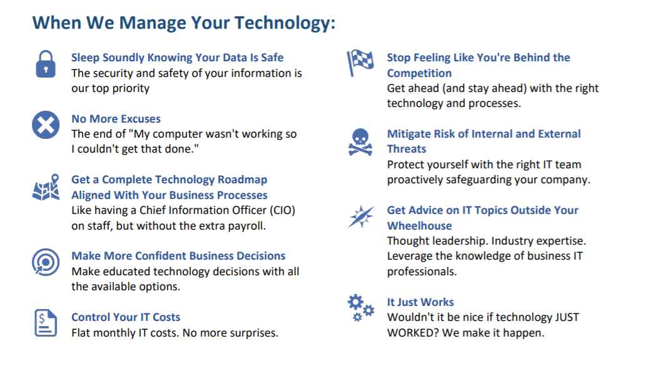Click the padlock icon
[46, 64]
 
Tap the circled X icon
[46, 125]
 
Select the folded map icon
[46, 187]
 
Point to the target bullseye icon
[46, 262]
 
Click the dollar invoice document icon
[46, 323]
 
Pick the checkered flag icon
[360, 63]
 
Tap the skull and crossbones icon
[360, 142]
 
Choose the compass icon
[361, 216]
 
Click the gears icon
[361, 308]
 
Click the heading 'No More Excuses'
[116, 119]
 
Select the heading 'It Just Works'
[420, 302]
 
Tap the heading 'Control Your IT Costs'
[126, 317]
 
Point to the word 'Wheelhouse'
[419, 226]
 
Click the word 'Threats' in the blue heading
[406, 149]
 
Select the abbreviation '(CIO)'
[282, 210]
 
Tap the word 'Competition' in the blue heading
[419, 73]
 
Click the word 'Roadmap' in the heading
[243, 180]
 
